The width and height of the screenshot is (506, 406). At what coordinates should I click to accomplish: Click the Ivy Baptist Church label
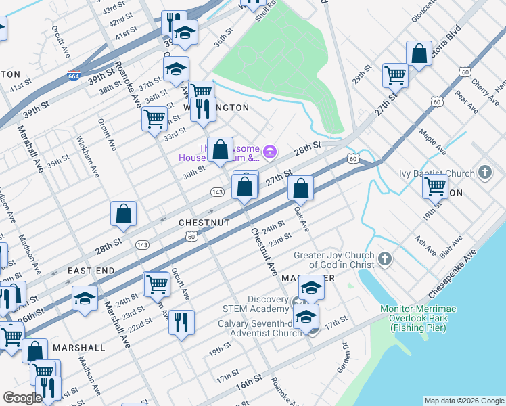[438, 172]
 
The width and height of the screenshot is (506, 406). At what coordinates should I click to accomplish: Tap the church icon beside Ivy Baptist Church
[484, 172]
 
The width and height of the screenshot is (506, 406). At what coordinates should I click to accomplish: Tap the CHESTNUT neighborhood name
[204, 222]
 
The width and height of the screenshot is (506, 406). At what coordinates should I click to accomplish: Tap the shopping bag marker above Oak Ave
[300, 187]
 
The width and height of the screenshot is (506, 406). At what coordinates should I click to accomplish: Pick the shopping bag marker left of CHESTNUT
[124, 213]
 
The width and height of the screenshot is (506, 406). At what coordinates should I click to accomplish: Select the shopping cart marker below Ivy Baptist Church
[436, 185]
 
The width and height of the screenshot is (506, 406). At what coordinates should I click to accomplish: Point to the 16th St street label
[249, 382]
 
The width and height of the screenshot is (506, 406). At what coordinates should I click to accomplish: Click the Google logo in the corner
[22, 399]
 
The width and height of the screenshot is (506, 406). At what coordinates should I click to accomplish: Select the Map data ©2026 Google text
[463, 401]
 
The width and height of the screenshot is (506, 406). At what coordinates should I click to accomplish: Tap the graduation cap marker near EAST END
[85, 298]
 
